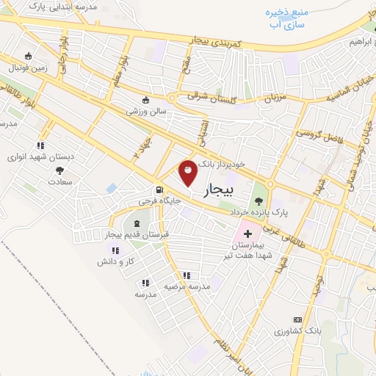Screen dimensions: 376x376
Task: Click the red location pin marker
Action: (x=188, y=172)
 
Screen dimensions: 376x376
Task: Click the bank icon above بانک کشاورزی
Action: (x=297, y=320)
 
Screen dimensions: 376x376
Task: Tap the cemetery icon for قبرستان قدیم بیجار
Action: (x=137, y=223)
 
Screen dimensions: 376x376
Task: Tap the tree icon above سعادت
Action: (x=59, y=170)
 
